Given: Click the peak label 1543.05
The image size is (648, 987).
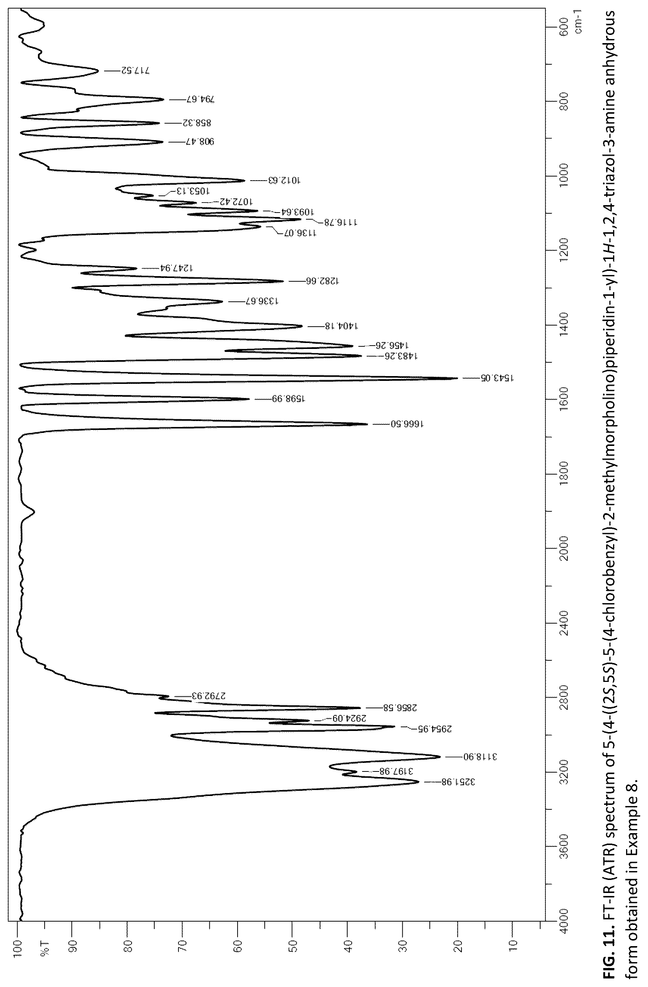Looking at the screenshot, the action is click(x=497, y=378).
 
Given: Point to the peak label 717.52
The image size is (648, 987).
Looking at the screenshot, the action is click(x=135, y=71).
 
